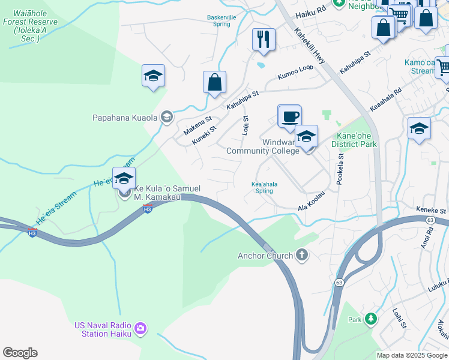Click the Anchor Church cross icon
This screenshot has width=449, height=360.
click(301, 256)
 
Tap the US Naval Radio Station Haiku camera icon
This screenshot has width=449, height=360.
click(140, 328)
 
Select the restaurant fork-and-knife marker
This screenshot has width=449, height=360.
click(264, 40)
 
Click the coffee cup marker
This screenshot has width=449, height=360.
click(289, 116)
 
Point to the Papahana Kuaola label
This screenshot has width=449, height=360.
click(124, 117)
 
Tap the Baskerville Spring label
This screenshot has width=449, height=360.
click(221, 21)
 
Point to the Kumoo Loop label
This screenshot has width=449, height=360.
click(295, 72)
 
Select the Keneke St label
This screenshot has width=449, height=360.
click(432, 211)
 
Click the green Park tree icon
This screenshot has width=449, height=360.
click(371, 319)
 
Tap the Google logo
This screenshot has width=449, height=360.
click(20, 353)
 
